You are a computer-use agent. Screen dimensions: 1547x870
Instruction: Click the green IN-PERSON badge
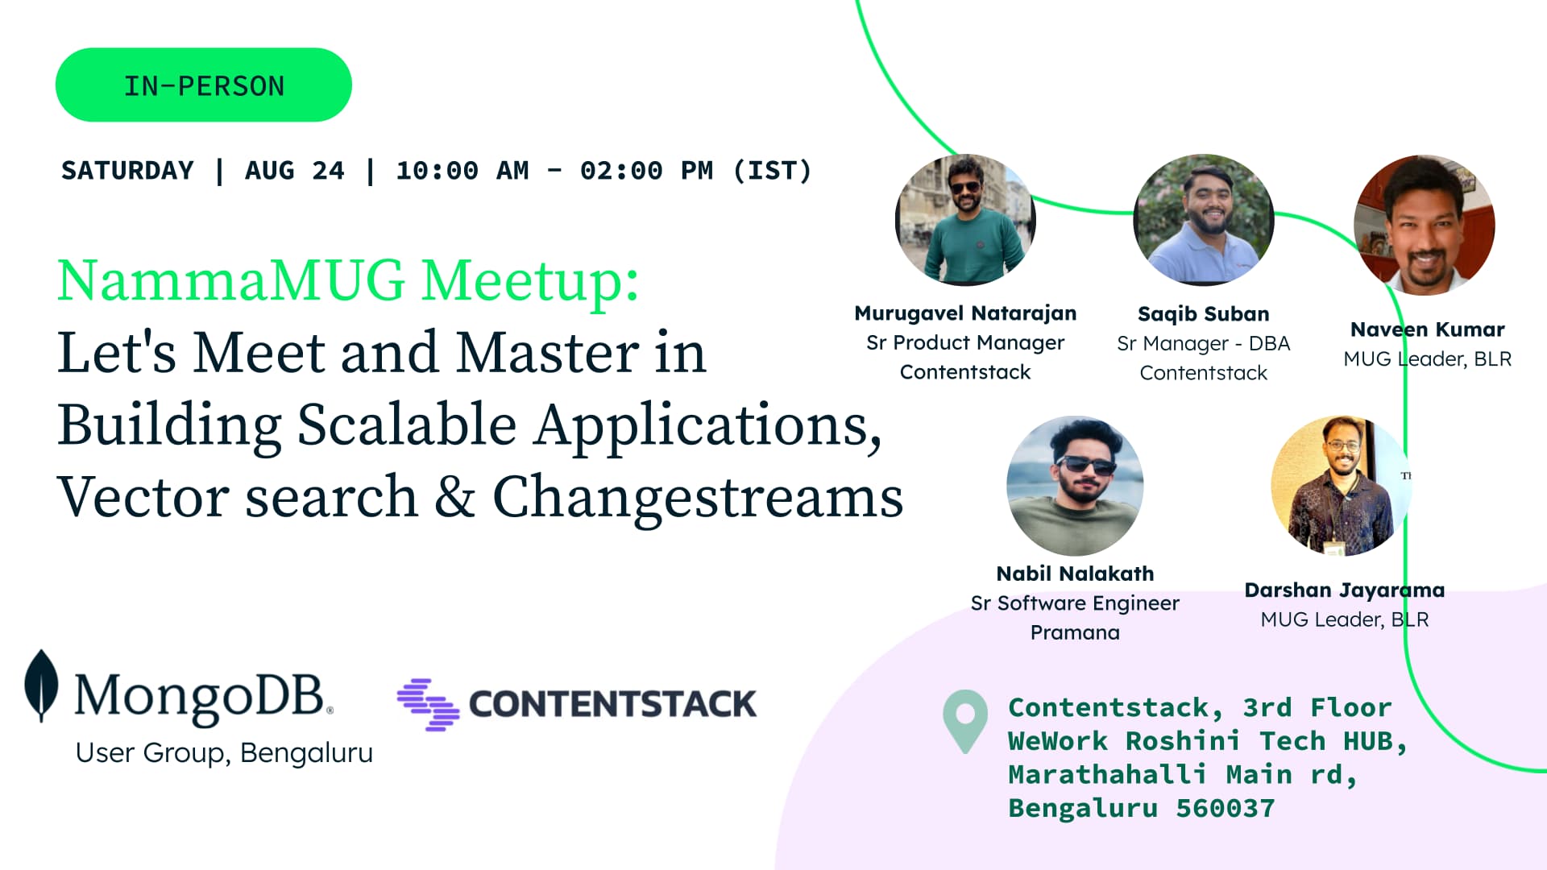(203, 85)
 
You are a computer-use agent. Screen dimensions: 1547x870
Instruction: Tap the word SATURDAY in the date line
(127, 171)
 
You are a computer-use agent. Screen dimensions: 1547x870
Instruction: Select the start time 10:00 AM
(462, 171)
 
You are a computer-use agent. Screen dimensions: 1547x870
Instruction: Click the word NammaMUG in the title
(231, 280)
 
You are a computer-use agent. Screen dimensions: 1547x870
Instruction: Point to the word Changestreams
(698, 498)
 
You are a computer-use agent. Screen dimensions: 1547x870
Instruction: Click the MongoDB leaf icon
(41, 686)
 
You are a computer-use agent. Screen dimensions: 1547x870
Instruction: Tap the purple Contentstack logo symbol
(428, 704)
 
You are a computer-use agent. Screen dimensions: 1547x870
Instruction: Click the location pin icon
(965, 721)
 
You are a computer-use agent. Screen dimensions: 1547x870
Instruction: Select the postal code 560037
(1226, 808)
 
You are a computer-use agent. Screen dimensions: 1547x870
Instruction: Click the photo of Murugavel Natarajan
(965, 219)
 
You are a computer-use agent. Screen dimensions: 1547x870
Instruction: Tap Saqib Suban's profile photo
(1203, 219)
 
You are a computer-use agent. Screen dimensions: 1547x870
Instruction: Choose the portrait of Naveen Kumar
(1425, 225)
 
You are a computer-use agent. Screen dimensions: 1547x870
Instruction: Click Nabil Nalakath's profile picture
(1075, 486)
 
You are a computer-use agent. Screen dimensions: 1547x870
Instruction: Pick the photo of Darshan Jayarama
(1340, 486)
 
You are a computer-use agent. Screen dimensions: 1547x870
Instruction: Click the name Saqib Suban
(1203, 314)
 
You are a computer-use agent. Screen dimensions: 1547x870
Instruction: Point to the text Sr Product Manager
(965, 343)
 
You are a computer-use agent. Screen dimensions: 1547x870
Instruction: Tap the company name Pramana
(1075, 632)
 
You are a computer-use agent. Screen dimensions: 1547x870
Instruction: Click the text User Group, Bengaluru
(224, 753)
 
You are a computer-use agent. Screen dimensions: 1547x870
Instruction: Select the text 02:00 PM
(647, 171)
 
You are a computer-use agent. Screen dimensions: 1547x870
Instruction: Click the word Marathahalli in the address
(1108, 774)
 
